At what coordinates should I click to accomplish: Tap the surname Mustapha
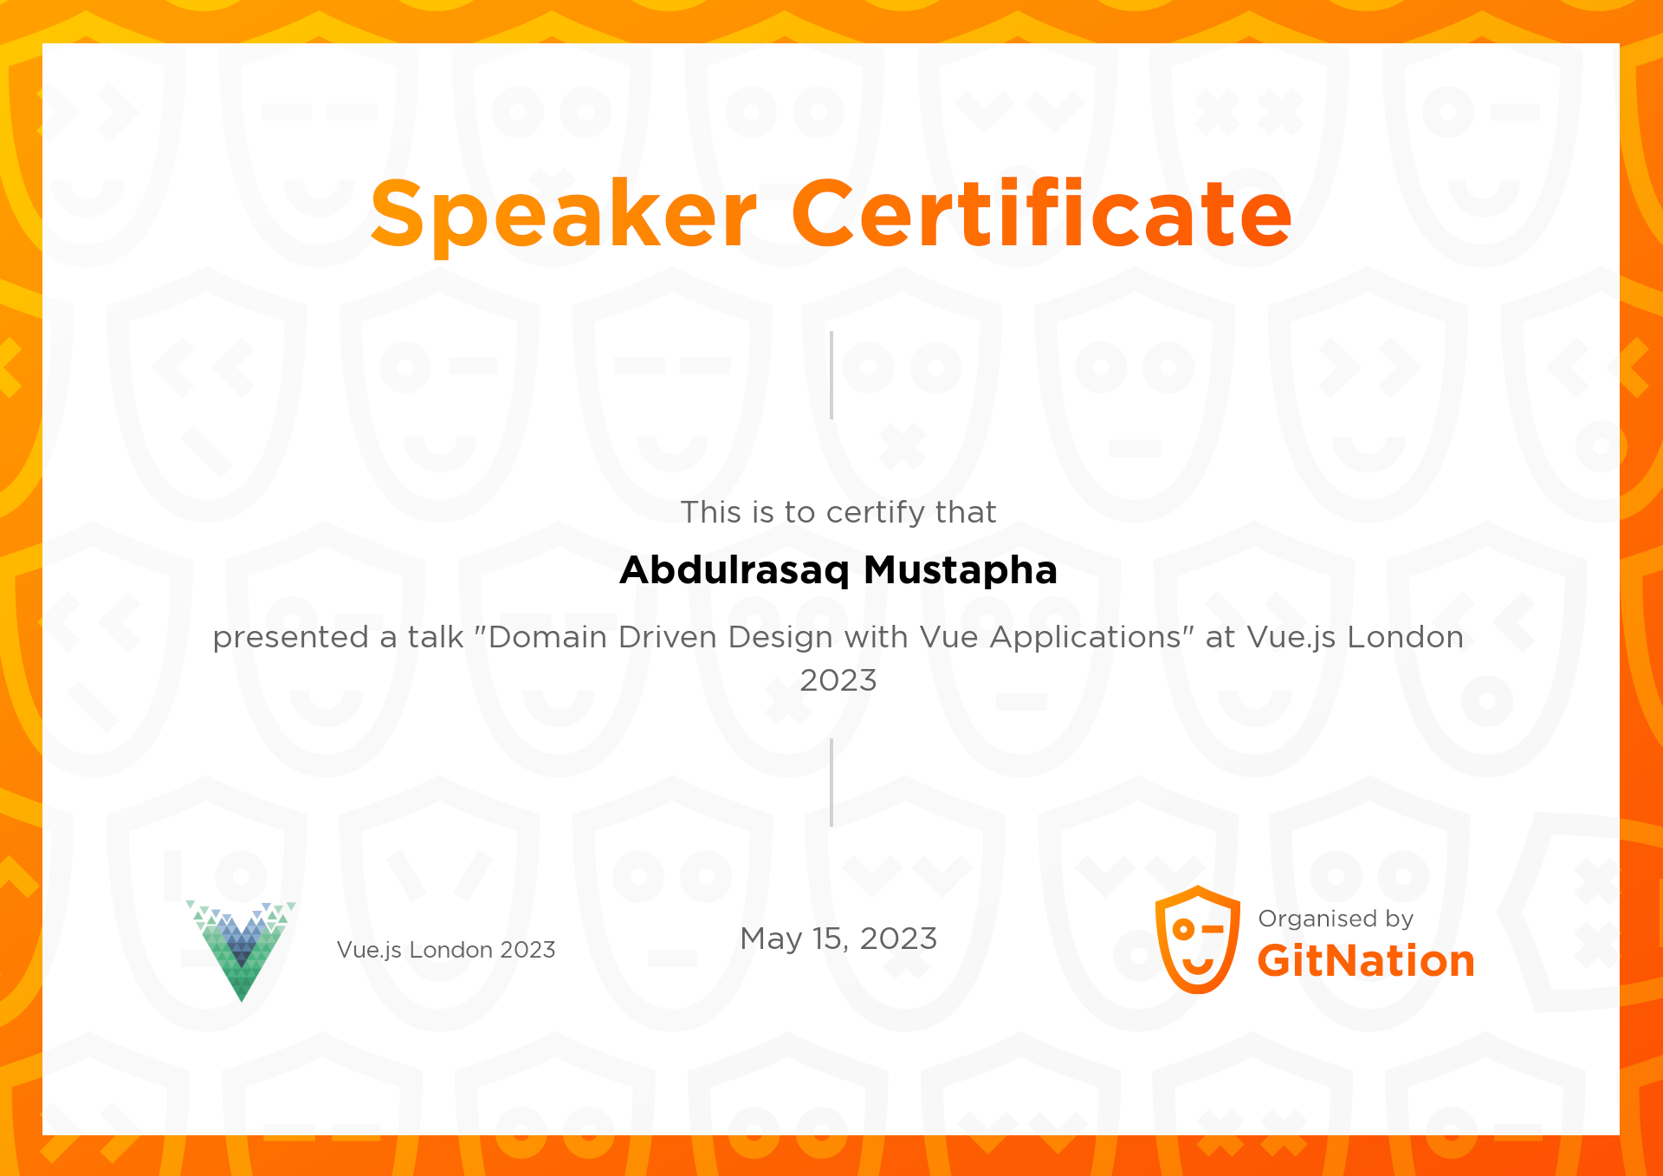click(x=961, y=570)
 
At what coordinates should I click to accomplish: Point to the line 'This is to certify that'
click(x=838, y=512)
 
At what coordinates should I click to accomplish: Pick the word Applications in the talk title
click(x=1085, y=637)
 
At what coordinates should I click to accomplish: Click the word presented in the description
click(x=291, y=637)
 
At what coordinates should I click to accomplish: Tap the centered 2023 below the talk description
click(x=838, y=680)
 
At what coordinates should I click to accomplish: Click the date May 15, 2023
click(x=838, y=939)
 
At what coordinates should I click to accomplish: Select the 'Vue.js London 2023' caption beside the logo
click(x=446, y=950)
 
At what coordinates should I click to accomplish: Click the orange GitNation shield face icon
click(x=1198, y=939)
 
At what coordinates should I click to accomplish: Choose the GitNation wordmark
click(x=1366, y=961)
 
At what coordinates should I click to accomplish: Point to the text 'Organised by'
click(x=1336, y=919)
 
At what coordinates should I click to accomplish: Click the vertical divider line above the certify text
click(x=831, y=375)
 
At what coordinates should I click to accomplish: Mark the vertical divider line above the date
click(x=831, y=783)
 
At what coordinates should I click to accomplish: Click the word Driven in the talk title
click(x=667, y=637)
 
